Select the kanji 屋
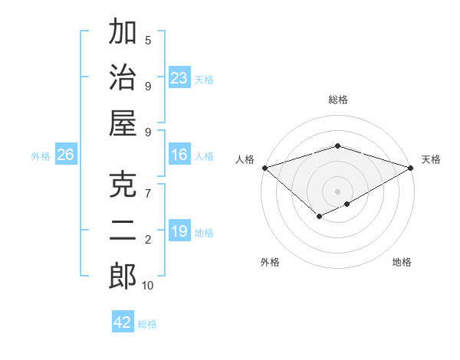(x=123, y=123)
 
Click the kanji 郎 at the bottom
(x=123, y=277)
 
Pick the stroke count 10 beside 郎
(x=148, y=286)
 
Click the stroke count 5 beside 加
(x=148, y=40)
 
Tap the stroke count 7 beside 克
(x=148, y=193)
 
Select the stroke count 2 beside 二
(x=148, y=240)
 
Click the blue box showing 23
(x=179, y=78)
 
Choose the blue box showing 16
(x=179, y=155)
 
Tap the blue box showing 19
(x=179, y=231)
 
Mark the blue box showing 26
(x=66, y=155)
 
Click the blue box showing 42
(x=123, y=322)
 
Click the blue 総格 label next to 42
(x=147, y=324)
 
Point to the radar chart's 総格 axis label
(x=337, y=100)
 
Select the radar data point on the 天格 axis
(x=412, y=167)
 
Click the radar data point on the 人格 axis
(x=264, y=167)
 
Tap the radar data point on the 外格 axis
(x=318, y=218)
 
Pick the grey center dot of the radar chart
(x=337, y=190)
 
